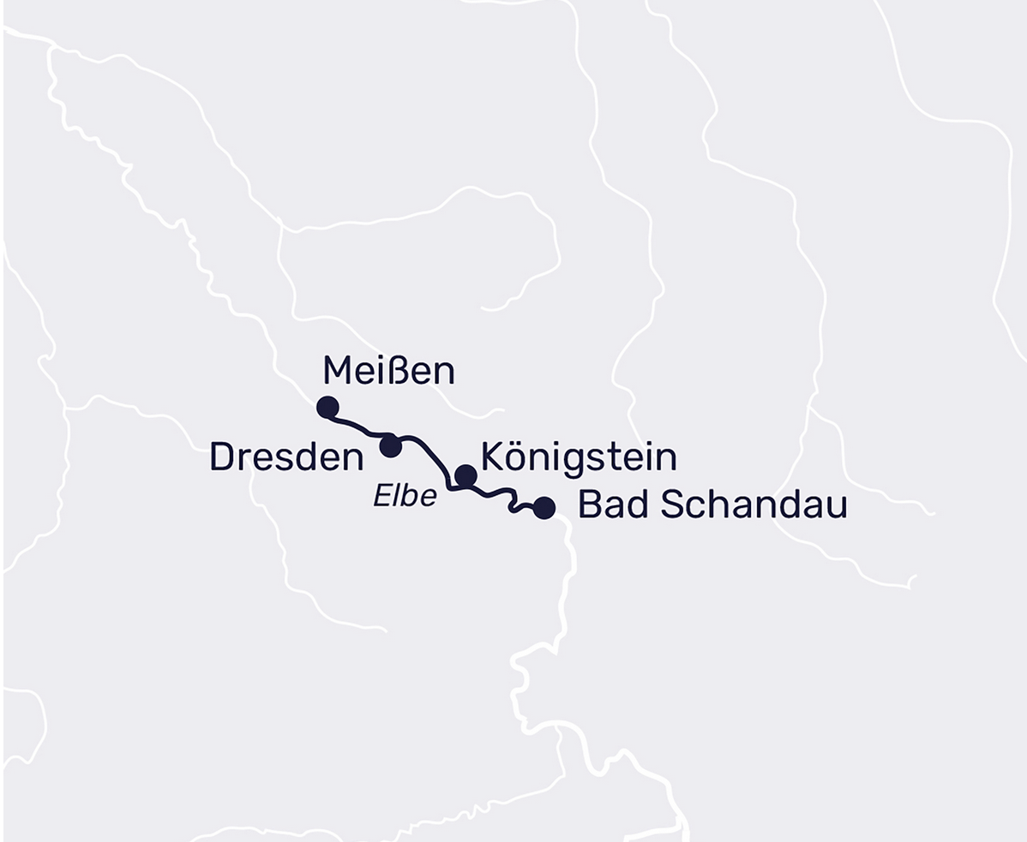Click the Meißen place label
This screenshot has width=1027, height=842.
(x=388, y=372)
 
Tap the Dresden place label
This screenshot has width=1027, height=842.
(x=286, y=457)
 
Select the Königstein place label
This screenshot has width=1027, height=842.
(x=579, y=457)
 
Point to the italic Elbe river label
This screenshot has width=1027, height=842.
(x=405, y=496)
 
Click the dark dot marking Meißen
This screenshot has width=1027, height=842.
(x=327, y=407)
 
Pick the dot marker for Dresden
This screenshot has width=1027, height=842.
(x=391, y=446)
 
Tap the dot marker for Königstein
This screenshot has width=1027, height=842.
(x=465, y=475)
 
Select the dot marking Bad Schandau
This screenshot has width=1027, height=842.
(x=544, y=508)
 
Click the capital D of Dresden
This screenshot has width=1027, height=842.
(x=222, y=457)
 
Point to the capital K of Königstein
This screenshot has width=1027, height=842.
(x=492, y=457)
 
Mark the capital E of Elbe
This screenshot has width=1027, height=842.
(x=381, y=496)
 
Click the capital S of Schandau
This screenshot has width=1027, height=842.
(x=673, y=505)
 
